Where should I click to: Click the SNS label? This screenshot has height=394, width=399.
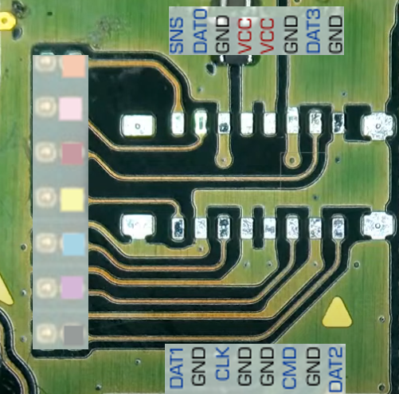tap(177, 35)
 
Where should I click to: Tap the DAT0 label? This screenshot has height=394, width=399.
tap(200, 30)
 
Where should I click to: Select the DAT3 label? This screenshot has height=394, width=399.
tap(314, 30)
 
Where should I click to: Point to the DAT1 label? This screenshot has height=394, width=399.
tap(177, 368)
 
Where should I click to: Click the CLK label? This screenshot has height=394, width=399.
tap(222, 364)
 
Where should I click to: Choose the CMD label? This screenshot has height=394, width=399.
tap(290, 368)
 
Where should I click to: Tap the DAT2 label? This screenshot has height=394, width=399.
tap(336, 368)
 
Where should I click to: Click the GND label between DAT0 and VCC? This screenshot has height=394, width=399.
tap(223, 34)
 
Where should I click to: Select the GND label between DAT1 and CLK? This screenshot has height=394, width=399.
tap(199, 367)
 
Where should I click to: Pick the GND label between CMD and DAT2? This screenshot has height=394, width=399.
tap(313, 367)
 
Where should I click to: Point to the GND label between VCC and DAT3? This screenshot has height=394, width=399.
tap(291, 34)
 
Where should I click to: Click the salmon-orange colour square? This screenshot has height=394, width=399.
tap(73, 66)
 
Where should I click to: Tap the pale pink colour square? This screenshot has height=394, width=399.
tap(70, 108)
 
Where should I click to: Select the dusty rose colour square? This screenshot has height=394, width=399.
tap(72, 153)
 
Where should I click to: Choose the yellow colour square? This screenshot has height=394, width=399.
tap(72, 199)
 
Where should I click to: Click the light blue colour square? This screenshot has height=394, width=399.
tap(74, 244)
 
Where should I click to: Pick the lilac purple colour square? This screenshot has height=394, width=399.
tap(72, 287)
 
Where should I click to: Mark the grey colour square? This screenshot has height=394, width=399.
tap(73, 334)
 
